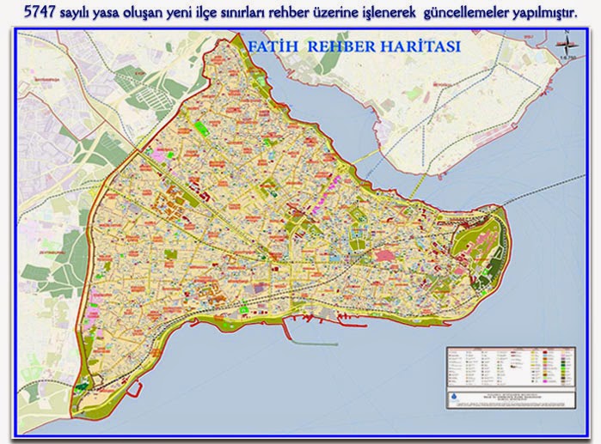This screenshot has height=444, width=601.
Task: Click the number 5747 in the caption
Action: coord(40,13)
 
